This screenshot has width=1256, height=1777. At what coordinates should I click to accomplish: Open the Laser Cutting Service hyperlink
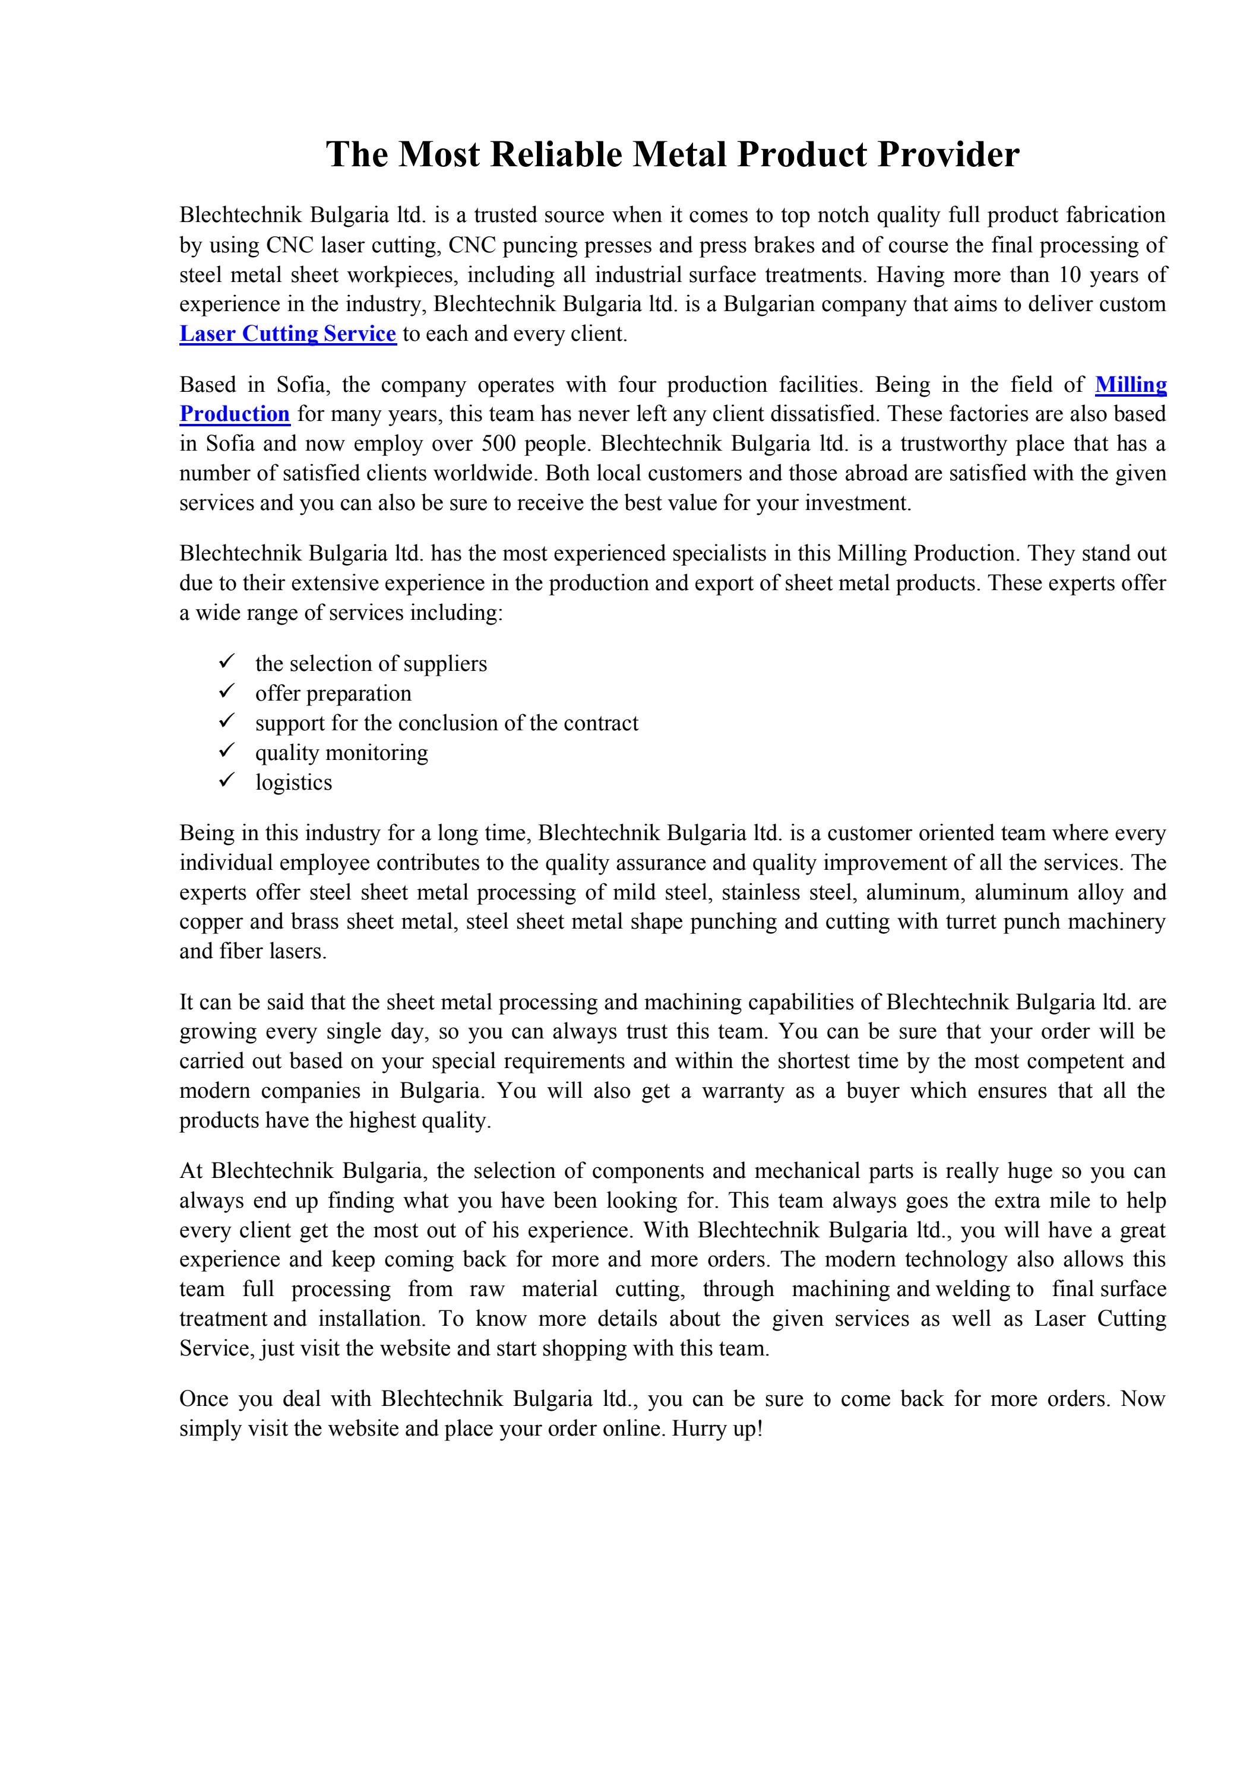point(287,334)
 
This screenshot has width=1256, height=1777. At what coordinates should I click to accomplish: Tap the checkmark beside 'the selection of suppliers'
point(227,662)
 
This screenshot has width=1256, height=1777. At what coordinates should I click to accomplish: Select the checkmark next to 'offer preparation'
point(227,691)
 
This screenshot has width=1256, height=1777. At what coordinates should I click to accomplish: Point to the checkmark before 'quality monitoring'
point(227,750)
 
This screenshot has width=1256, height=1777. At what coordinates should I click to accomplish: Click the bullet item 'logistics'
point(293,782)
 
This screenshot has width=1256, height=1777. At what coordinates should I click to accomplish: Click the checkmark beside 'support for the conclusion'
point(227,721)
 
